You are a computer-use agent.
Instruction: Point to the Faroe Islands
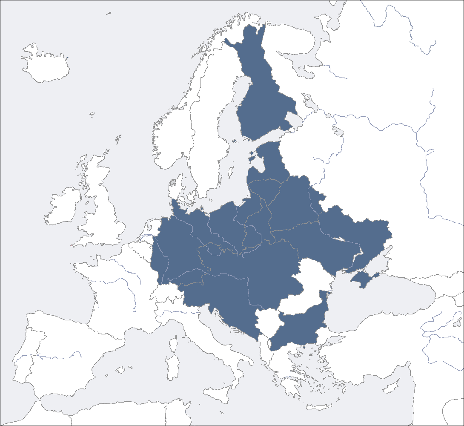(92, 114)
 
